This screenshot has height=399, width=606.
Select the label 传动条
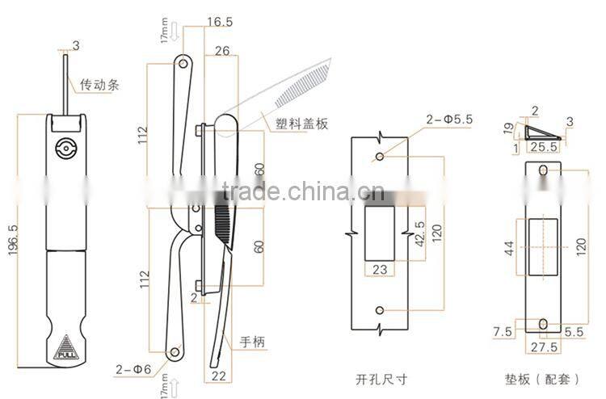coord(99,83)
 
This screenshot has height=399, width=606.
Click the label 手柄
coord(252,342)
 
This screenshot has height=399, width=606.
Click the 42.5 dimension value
coord(419,234)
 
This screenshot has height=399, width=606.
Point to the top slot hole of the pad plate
coord(543,169)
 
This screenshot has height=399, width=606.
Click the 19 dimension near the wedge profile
coord(509,128)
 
